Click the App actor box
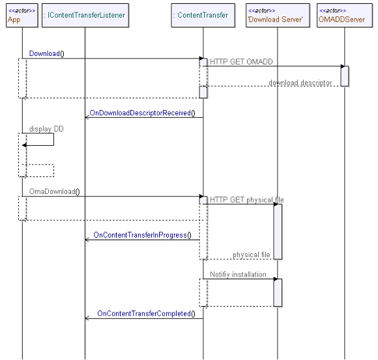22,15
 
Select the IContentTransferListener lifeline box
85,15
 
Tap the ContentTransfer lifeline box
203,15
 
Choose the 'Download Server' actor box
278,15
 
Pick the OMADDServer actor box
345,15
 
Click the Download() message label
47,53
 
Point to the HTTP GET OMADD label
241,62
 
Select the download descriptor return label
300,83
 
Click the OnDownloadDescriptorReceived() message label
143,113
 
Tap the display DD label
46,129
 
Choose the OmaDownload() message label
55,191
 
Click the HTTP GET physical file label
247,200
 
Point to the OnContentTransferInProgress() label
143,235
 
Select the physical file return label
252,255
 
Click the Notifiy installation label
238,275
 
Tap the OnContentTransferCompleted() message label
147,314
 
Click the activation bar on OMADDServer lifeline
345,76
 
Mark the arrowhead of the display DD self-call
24,145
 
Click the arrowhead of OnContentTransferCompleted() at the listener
87,318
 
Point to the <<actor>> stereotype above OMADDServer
332,10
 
